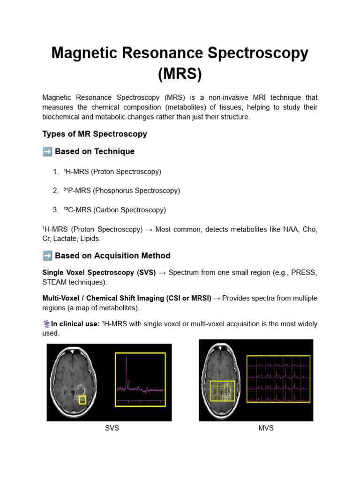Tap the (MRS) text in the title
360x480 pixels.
tap(180, 74)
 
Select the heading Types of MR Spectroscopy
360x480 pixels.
tap(95, 134)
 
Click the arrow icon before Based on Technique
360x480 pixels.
tap(47, 151)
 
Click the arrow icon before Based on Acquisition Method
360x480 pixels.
tap(47, 256)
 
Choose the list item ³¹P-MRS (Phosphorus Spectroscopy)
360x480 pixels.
tap(121, 191)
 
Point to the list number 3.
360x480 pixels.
tap(55, 210)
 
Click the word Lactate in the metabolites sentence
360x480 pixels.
tap(67, 239)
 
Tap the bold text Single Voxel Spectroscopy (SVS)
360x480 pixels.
tap(99, 273)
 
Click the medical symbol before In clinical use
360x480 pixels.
tap(46, 324)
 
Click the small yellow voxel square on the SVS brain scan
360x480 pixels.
tap(82, 400)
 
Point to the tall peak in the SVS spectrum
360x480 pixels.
tap(127, 370)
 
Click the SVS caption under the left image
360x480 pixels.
tap(112, 428)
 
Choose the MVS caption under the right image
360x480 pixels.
tap(266, 428)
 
